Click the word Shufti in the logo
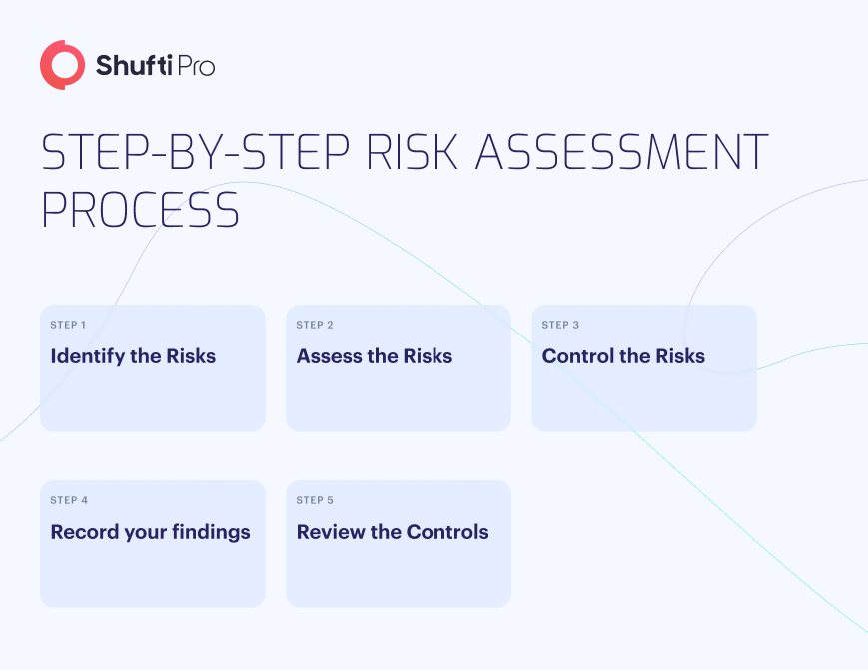[x=135, y=65]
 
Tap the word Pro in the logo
[x=196, y=66]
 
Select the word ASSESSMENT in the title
[x=621, y=151]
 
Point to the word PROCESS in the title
[x=141, y=210]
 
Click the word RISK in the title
[x=412, y=151]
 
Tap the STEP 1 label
[x=68, y=325]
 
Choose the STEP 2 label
[x=315, y=325]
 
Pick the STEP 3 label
[x=560, y=325]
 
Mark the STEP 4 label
[x=69, y=500]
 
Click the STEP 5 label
[x=315, y=500]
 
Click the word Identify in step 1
[x=88, y=357]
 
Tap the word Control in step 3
[x=578, y=356]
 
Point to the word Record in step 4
[x=85, y=531]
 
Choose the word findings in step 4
[x=211, y=533]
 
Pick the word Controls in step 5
[x=447, y=531]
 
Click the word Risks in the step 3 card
[x=680, y=356]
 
